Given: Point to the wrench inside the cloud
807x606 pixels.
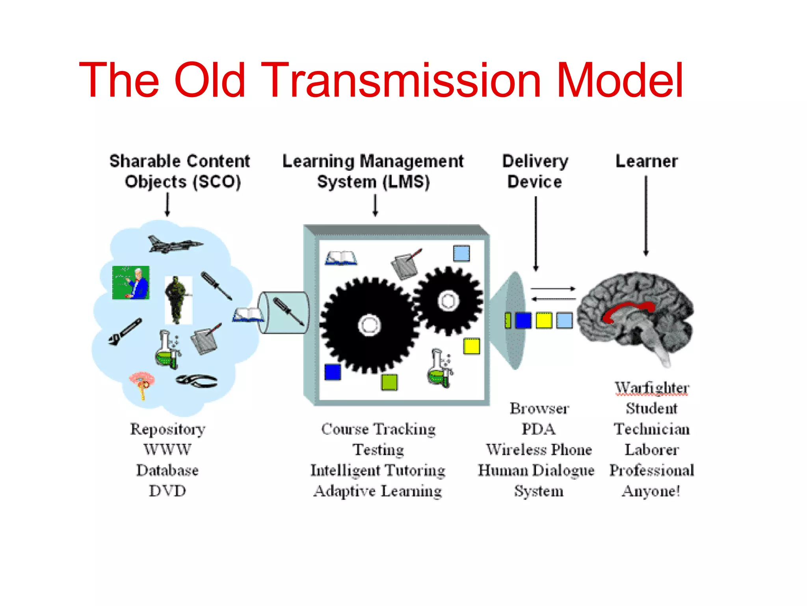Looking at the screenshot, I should tap(125, 332).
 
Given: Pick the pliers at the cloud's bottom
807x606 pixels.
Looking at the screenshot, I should tap(196, 381).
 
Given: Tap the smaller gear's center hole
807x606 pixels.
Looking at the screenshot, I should tap(448, 301).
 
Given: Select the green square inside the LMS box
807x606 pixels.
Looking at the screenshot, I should tap(389, 382).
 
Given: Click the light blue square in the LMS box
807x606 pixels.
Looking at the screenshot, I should tap(461, 253).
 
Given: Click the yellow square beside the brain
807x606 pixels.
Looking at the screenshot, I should tap(544, 320).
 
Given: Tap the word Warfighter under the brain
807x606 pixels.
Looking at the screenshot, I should tap(652, 388).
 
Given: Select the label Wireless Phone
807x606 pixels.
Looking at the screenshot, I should tap(539, 450).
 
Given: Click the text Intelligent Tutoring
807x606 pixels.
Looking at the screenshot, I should tap(377, 470).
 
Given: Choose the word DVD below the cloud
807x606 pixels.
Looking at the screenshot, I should tap(167, 491).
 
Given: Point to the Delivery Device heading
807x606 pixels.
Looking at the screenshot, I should tap(535, 171).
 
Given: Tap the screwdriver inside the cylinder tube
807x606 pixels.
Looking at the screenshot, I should tap(288, 312).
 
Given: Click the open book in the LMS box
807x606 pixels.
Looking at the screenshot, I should tap(341, 258).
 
